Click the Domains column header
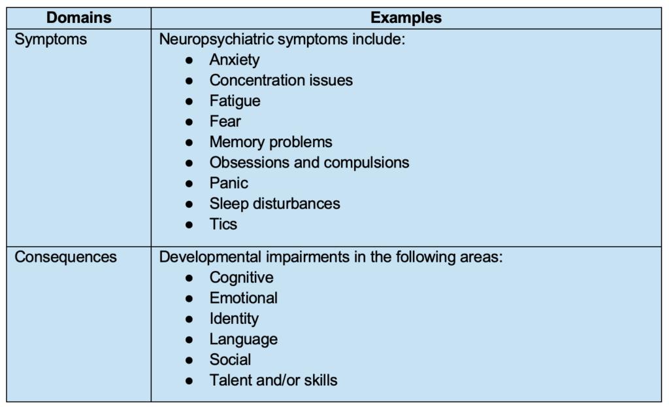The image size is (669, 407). pyautogui.click(x=78, y=18)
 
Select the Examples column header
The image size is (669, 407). pyautogui.click(x=406, y=18)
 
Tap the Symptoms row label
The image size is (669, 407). pyautogui.click(x=50, y=39)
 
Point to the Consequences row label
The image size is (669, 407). pyautogui.click(x=65, y=257)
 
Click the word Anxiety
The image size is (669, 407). pyautogui.click(x=234, y=60)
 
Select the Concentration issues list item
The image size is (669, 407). pyautogui.click(x=281, y=80)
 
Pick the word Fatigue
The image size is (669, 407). pyautogui.click(x=235, y=101)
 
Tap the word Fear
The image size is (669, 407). pyautogui.click(x=225, y=122)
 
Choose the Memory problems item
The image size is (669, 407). pyautogui.click(x=270, y=142)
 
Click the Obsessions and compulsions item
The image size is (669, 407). pyautogui.click(x=309, y=162)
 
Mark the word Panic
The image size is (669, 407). pyautogui.click(x=229, y=183)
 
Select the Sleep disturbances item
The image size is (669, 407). pyautogui.click(x=274, y=203)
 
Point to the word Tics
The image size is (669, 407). pyautogui.click(x=223, y=224)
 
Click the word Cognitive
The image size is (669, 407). pyautogui.click(x=241, y=277)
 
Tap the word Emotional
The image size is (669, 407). pyautogui.click(x=243, y=298)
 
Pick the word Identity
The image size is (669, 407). pyautogui.click(x=233, y=319)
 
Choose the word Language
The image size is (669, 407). pyautogui.click(x=243, y=339)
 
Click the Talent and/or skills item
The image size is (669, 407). pyautogui.click(x=273, y=380)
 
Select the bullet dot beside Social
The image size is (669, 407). pyautogui.click(x=189, y=360)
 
